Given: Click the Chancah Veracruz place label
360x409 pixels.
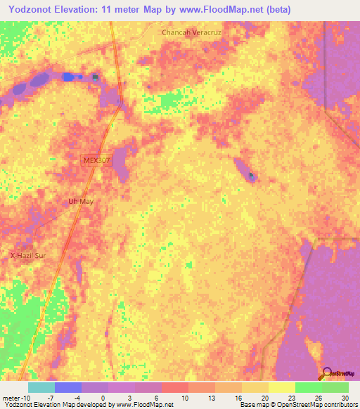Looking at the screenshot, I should point(191,32).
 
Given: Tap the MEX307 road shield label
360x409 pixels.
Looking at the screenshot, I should point(96,161).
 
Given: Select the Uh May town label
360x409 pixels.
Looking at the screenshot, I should point(80,202).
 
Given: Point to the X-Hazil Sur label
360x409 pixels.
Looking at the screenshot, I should point(27,256).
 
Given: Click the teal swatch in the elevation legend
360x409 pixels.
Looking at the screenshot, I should point(41,387).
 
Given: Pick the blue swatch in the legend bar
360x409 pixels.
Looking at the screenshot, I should point(67,387).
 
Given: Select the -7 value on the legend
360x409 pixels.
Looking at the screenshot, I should point(51,398).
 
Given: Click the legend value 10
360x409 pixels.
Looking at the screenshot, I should point(185,398).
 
